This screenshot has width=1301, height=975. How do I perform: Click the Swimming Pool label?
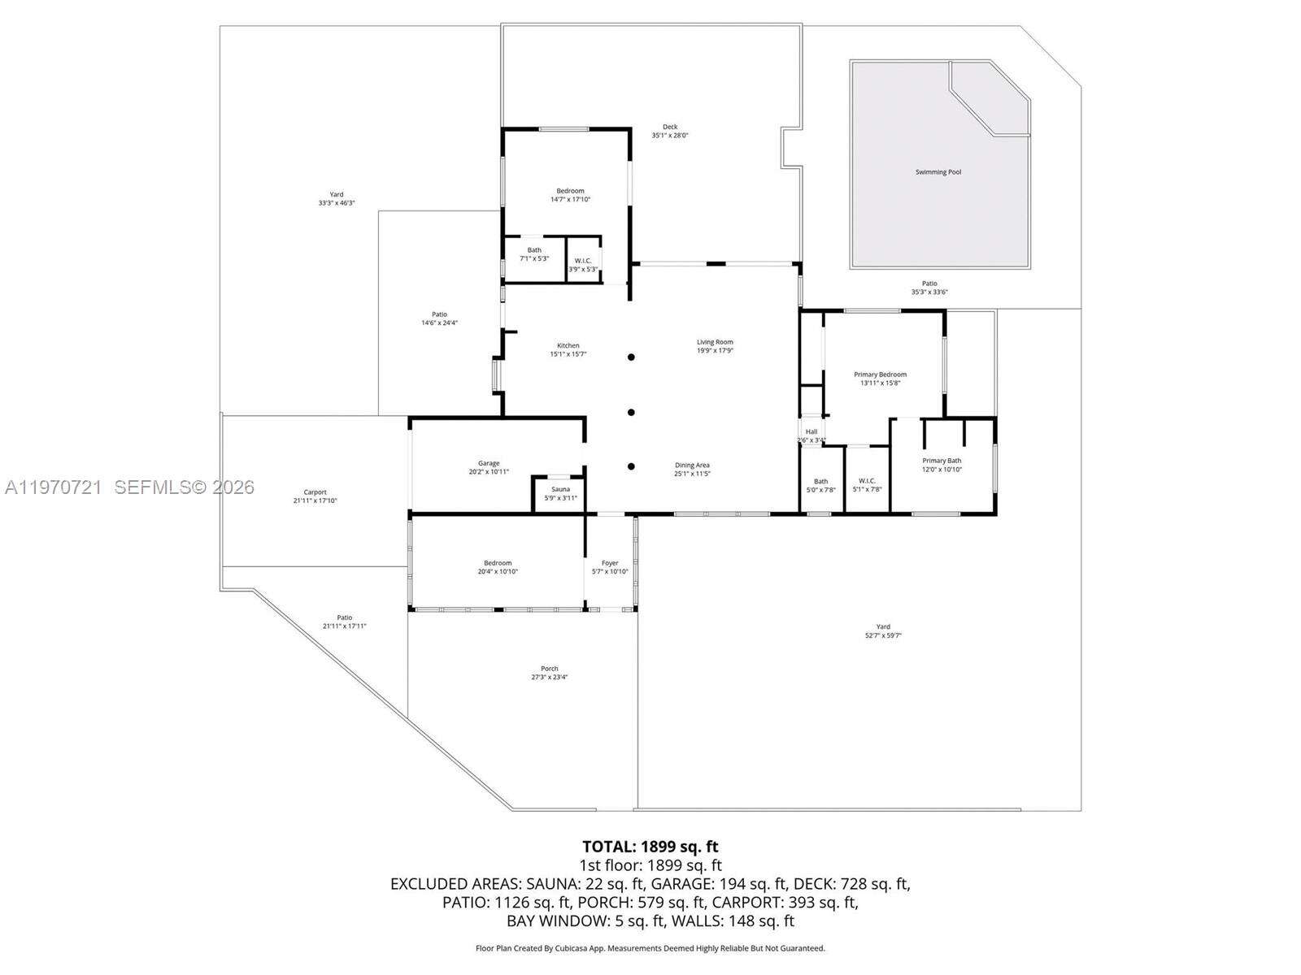click(x=938, y=172)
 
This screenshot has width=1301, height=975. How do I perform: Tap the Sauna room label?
click(x=560, y=489)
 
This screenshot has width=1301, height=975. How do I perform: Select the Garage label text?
click(x=489, y=463)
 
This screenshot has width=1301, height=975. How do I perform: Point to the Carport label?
click(x=315, y=492)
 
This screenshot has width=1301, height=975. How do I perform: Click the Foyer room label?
click(x=610, y=563)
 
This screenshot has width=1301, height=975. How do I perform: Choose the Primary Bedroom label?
click(x=880, y=375)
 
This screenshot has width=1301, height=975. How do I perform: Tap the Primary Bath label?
click(x=942, y=461)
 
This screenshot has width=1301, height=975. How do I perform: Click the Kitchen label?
click(x=568, y=345)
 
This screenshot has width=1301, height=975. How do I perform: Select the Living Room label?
click(x=715, y=342)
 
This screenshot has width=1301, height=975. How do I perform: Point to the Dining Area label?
click(x=692, y=466)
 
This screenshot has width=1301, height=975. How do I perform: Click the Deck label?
click(x=670, y=127)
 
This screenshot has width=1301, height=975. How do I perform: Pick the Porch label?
click(x=550, y=669)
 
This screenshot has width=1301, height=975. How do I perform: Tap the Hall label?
click(x=811, y=431)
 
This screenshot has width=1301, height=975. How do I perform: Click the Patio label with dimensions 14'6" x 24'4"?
click(x=439, y=323)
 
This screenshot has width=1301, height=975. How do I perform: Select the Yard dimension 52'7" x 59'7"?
click(x=883, y=635)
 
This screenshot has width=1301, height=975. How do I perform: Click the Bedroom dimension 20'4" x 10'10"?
click(x=498, y=571)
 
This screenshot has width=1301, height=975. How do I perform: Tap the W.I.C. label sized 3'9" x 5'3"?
click(x=582, y=269)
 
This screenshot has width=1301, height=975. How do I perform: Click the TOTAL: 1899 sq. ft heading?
click(x=650, y=847)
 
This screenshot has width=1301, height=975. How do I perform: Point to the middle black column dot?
click(x=631, y=412)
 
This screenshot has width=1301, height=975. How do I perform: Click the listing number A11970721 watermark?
click(x=53, y=487)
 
